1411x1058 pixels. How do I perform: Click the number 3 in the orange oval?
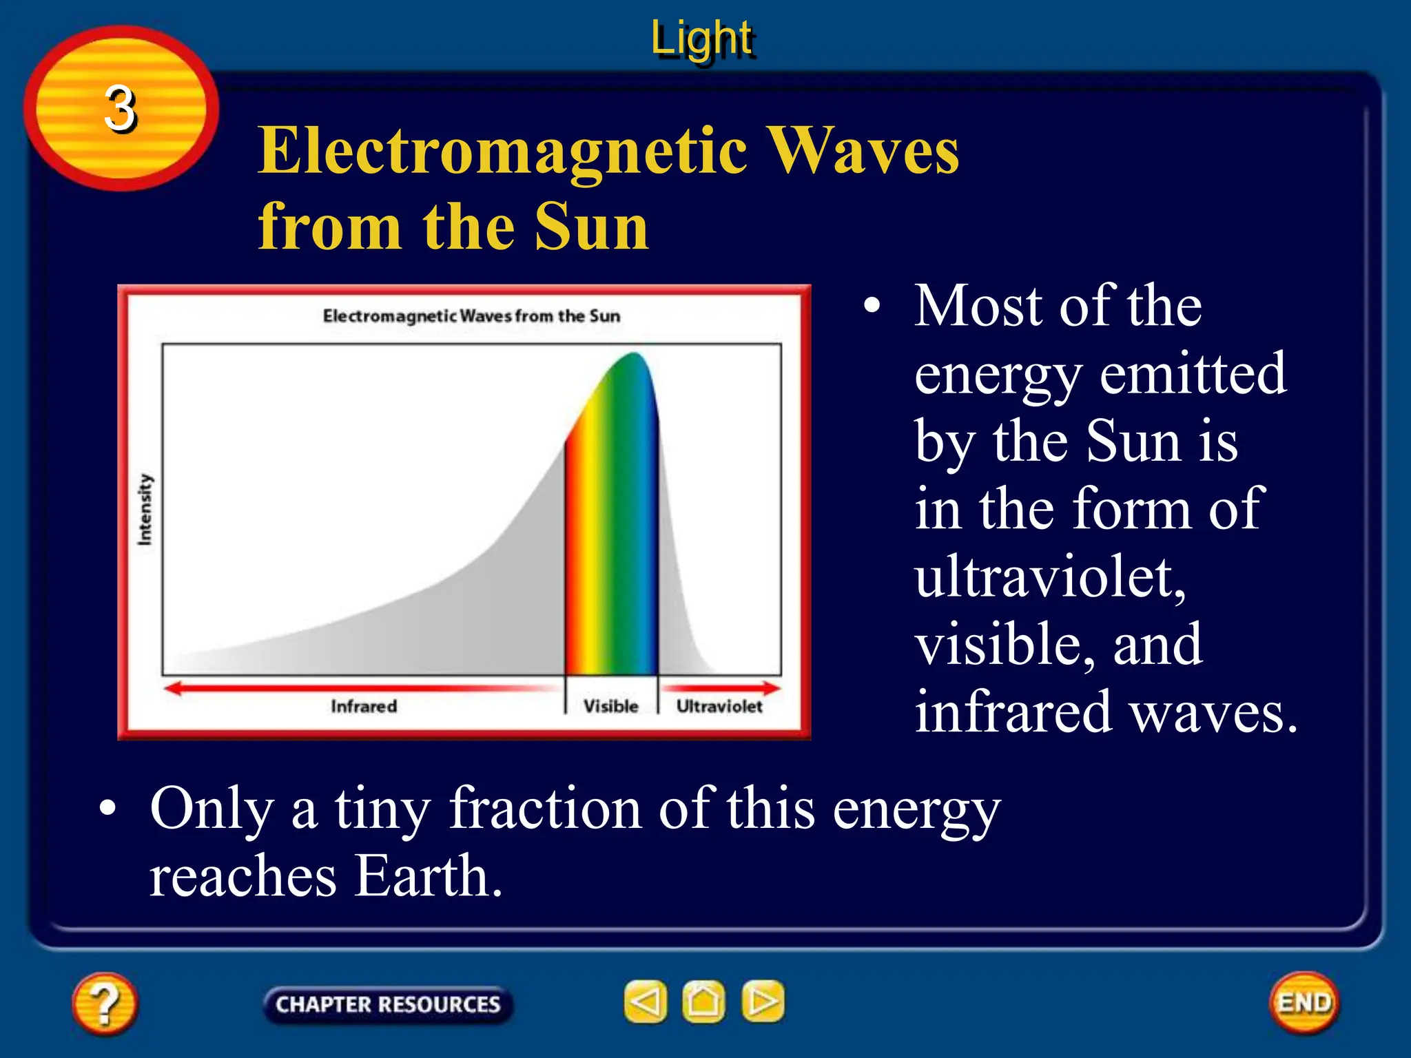120,109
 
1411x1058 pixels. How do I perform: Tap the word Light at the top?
702,39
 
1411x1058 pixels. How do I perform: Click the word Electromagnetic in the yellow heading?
503,152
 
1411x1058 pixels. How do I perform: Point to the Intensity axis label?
145,510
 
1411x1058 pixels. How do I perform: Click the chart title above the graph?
471,316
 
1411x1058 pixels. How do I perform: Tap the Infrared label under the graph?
364,707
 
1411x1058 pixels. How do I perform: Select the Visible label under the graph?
610,707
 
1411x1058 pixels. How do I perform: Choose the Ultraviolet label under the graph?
719,707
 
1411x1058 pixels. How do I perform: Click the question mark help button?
105,1003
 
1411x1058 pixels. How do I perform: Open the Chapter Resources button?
388,1004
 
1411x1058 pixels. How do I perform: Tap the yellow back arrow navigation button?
646,1002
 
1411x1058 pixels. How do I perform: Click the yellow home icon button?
703,1002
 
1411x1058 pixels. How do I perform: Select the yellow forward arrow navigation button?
763,1002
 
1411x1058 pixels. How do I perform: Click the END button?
1304,1003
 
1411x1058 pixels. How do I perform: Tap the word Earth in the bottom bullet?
427,876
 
